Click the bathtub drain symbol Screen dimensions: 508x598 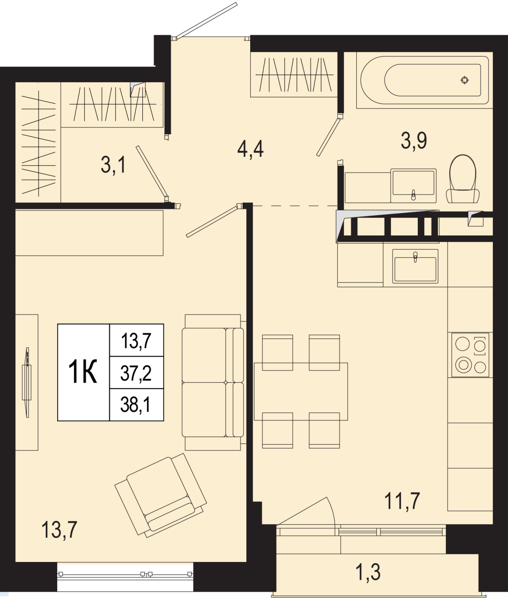(465, 80)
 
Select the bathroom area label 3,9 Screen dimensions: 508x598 (414, 141)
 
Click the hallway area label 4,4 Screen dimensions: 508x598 (250, 149)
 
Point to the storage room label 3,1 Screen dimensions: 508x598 (113, 165)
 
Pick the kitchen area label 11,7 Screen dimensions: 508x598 (402, 501)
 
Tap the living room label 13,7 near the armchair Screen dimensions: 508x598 (59, 529)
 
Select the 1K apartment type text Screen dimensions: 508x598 (83, 372)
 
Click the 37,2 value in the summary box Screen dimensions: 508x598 (136, 374)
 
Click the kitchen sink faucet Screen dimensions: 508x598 (415, 257)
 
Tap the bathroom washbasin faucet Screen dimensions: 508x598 (414, 195)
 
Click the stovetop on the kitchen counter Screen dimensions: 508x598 (470, 354)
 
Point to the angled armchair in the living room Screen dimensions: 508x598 (161, 495)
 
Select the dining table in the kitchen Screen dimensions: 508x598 (301, 391)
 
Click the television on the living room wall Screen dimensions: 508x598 (27, 382)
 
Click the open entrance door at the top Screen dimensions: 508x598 (207, 20)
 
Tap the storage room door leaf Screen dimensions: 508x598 (152, 171)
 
